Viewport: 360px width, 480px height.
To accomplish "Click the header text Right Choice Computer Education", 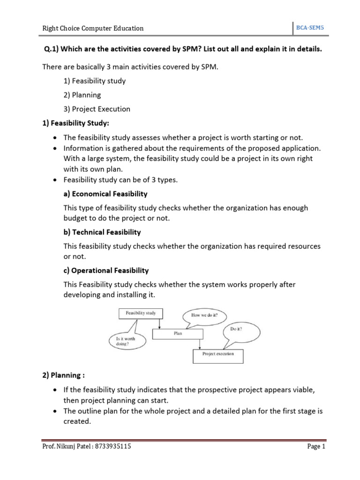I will point(93,28).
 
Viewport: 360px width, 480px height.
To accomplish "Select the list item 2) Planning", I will point(82,95).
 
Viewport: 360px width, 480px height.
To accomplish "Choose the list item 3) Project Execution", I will point(97,109).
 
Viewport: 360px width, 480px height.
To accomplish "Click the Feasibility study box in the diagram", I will point(141,313).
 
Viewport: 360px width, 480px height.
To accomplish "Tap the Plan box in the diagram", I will point(178,333).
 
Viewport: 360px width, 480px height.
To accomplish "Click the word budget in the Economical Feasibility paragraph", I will point(76,218).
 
